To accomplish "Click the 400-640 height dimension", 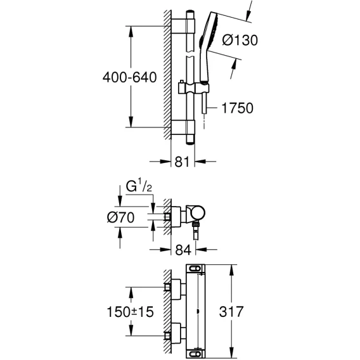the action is click(x=130, y=77).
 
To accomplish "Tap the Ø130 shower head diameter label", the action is click(x=240, y=40).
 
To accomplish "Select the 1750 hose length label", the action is click(x=238, y=108).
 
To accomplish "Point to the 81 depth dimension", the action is click(x=182, y=162).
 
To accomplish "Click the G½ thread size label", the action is click(x=139, y=187).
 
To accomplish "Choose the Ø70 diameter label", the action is click(x=121, y=217).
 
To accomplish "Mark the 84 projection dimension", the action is click(x=183, y=250).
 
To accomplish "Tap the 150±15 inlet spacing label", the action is click(x=130, y=312).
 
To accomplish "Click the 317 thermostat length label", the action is click(x=231, y=312).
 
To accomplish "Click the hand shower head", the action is click(x=208, y=46).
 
